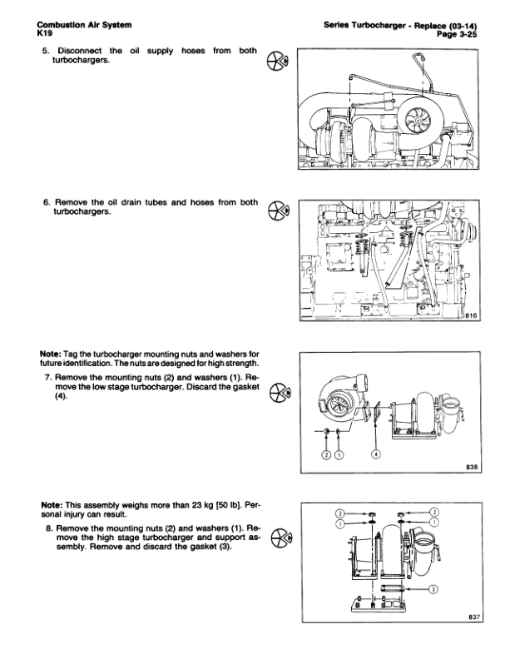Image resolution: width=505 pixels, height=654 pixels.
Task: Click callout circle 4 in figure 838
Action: click(x=376, y=454)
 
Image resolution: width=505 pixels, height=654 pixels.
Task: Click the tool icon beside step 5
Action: click(x=280, y=61)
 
